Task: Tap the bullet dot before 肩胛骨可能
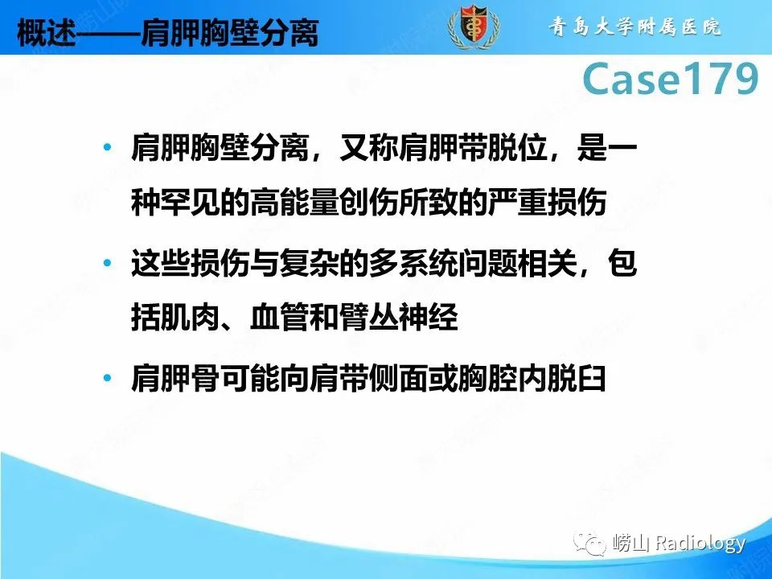(x=108, y=378)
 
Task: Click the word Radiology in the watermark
(x=700, y=544)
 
